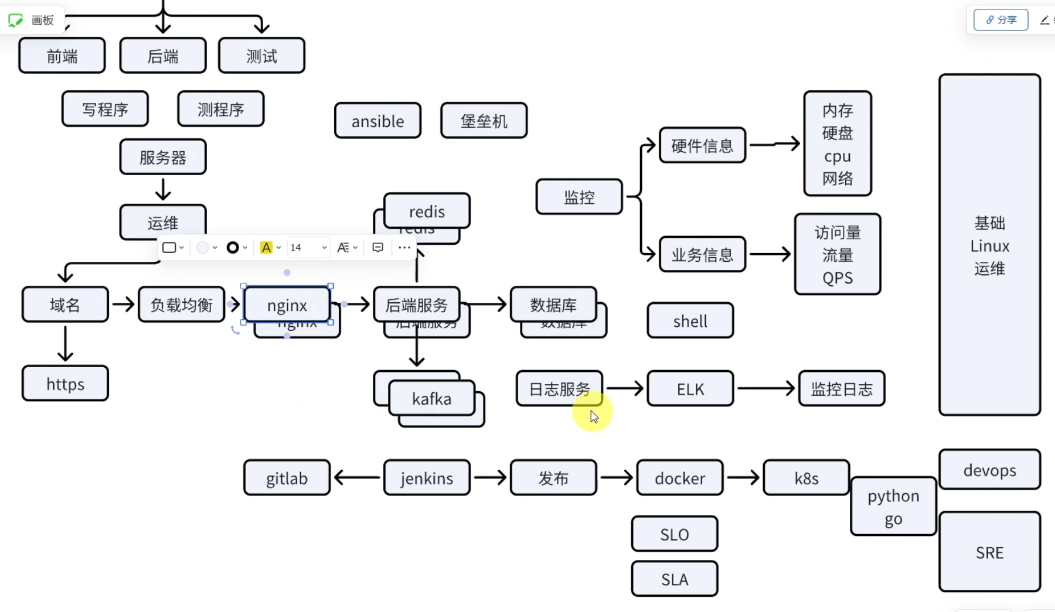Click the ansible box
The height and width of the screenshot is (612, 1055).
coord(377,121)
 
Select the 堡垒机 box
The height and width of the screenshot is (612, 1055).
coord(484,121)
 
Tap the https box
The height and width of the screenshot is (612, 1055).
coord(65,384)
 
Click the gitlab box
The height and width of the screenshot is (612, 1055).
coord(287,478)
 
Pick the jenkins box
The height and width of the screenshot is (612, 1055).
coord(427,478)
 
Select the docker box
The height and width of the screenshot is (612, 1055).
coord(680,478)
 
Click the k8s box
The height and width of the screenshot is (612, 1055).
coord(806,478)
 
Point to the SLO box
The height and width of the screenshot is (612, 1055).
coord(675,534)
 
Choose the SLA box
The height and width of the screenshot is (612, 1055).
coord(675,579)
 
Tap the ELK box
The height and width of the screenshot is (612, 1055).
coord(690,389)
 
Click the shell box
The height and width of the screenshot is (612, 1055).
coord(690,321)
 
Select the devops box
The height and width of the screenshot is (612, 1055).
coord(989,470)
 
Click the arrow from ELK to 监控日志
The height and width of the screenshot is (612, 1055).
coord(765,388)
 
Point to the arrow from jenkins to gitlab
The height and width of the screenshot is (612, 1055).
coord(357,478)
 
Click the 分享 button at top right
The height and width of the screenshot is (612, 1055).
coord(1001,20)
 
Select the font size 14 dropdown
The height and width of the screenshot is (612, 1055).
coord(308,248)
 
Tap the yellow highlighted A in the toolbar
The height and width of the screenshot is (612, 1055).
coord(266,248)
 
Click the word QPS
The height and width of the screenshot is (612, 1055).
coord(838,278)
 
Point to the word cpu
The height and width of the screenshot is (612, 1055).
coord(838,156)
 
